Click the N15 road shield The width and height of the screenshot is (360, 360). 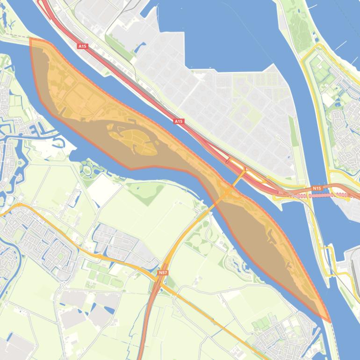click(x=317, y=188)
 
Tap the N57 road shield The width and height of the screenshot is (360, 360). click(x=163, y=272)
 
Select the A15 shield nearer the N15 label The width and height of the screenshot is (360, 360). click(x=179, y=122)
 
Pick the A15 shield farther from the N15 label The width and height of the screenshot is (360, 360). click(x=82, y=46)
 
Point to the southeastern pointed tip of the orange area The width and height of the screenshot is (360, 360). click(x=329, y=321)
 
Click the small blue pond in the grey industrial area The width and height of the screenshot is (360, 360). click(x=140, y=47)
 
